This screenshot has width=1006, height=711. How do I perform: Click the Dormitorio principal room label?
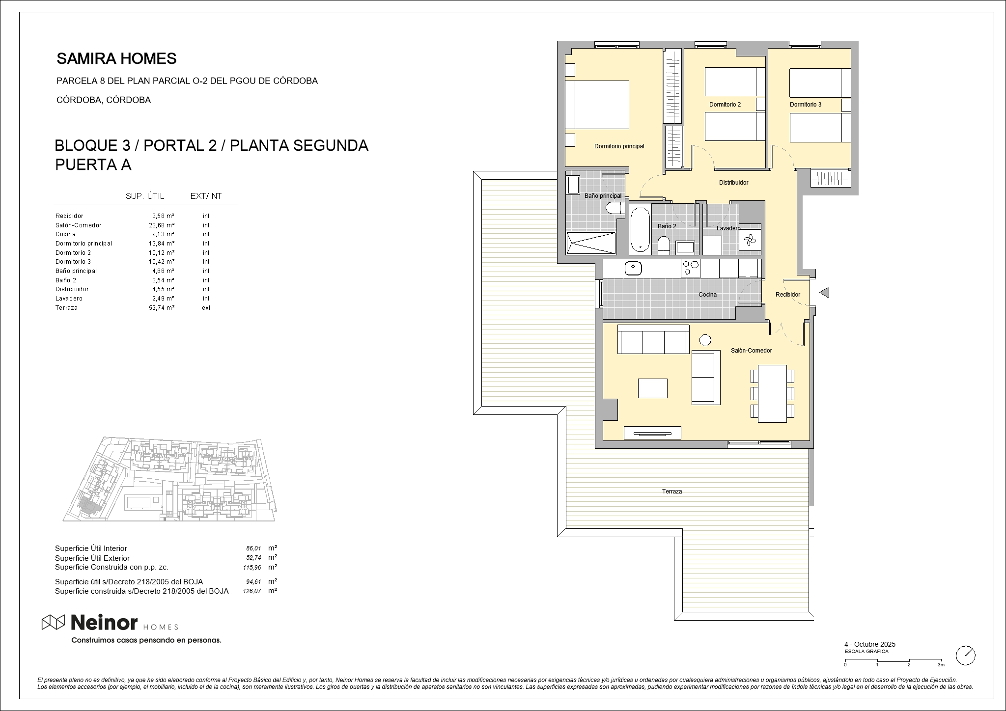[x=619, y=146]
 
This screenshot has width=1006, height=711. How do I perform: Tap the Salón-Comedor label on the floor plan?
[x=751, y=351]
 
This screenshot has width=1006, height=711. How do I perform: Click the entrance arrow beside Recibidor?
[x=824, y=293]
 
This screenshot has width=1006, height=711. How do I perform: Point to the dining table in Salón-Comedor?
[x=772, y=393]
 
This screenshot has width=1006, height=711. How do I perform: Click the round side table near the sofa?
[x=705, y=340]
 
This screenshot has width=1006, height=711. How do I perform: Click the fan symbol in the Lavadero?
[x=750, y=240]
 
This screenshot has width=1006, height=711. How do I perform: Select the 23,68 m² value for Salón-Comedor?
[x=162, y=225]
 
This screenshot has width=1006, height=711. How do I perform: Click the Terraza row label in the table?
[x=67, y=308]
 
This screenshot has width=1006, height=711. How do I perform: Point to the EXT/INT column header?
[x=206, y=196]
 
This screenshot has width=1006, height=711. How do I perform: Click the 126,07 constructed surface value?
[x=251, y=592]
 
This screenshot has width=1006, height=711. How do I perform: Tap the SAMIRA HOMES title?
[x=116, y=58]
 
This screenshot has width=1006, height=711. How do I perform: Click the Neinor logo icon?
[x=53, y=622]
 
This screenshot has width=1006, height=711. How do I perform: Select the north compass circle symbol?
[x=966, y=656]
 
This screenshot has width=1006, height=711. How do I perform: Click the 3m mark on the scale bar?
[x=941, y=665]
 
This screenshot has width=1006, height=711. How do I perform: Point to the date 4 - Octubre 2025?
[x=870, y=644]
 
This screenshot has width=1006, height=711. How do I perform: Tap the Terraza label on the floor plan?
[x=672, y=492]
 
